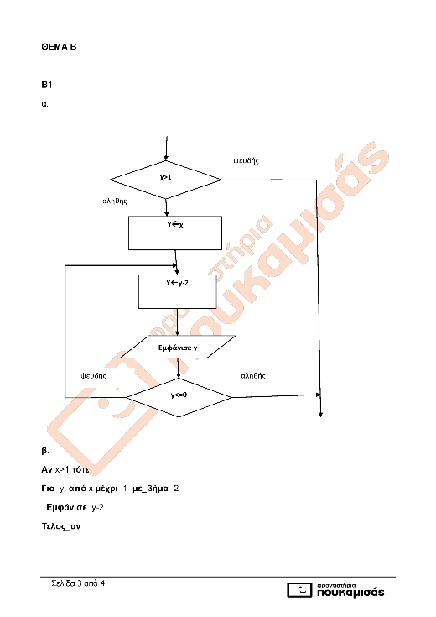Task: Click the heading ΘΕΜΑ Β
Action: pyautogui.click(x=59, y=47)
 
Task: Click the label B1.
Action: pyautogui.click(x=48, y=85)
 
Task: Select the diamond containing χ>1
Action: pyautogui.click(x=166, y=180)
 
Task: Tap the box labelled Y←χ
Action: pyautogui.click(x=175, y=233)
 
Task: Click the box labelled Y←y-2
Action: pyautogui.click(x=177, y=291)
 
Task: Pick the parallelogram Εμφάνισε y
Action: pyautogui.click(x=178, y=347)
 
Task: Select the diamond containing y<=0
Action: pyautogui.click(x=179, y=397)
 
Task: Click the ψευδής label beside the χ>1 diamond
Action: pyautogui.click(x=247, y=160)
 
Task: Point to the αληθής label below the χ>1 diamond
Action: pyautogui.click(x=115, y=201)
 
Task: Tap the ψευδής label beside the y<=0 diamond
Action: pyautogui.click(x=94, y=376)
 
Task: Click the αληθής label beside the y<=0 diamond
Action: pyautogui.click(x=253, y=376)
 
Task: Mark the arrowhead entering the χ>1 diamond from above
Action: pyautogui.click(x=166, y=158)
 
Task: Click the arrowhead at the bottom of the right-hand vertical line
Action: pyautogui.click(x=321, y=415)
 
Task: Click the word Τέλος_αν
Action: pyautogui.click(x=61, y=526)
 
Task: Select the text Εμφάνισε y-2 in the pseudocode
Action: pyautogui.click(x=75, y=508)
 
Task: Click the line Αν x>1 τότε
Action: pyautogui.click(x=65, y=469)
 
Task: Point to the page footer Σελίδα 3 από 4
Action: pyautogui.click(x=78, y=583)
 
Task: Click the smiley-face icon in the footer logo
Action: pyautogui.click(x=300, y=590)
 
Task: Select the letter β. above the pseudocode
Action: pyautogui.click(x=44, y=451)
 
